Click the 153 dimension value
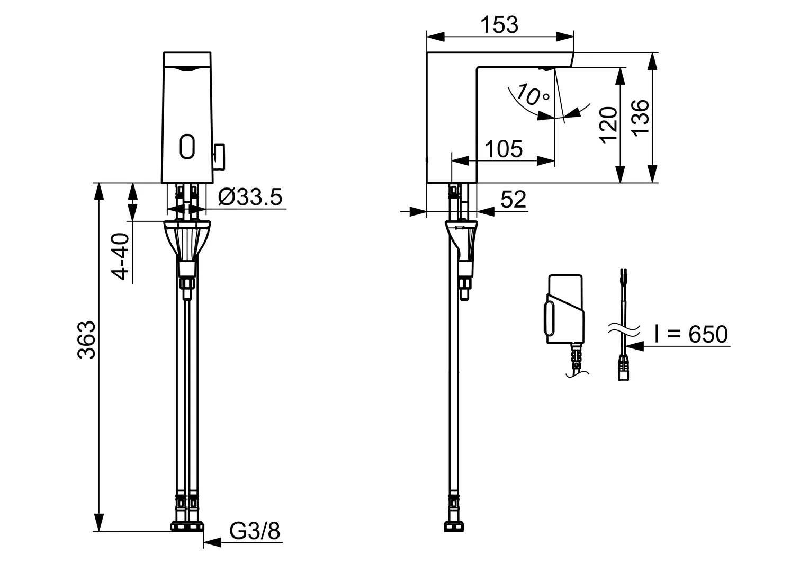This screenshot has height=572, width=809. point(499,25)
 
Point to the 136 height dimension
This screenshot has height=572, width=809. point(640,117)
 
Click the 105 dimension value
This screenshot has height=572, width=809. point(504,149)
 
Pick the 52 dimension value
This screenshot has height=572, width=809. point(513,199)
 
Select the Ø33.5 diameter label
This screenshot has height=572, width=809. point(250,197)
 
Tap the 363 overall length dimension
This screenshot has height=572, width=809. point(86,339)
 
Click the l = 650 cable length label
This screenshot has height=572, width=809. point(690,334)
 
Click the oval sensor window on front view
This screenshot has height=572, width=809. point(187,146)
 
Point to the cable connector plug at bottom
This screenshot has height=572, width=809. point(623,368)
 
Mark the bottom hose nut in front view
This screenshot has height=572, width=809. point(187,526)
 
